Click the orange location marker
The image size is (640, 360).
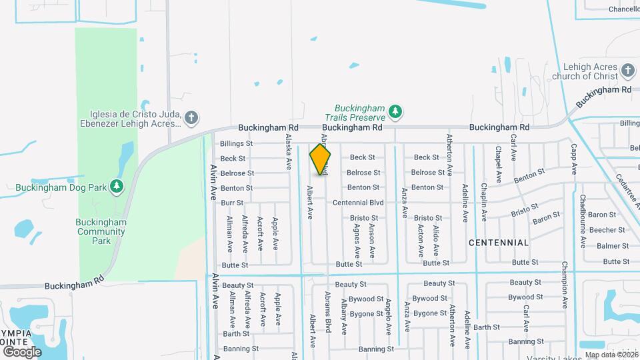(320, 159)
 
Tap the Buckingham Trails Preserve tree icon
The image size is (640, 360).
(395, 111)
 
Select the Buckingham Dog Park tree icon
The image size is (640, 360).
(117, 186)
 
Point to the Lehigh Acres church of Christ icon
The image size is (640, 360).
(627, 71)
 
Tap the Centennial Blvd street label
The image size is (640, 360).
(358, 203)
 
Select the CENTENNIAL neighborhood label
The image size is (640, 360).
(499, 243)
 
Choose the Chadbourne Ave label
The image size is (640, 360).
(582, 221)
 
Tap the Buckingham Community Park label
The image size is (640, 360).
(101, 231)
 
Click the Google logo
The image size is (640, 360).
(22, 351)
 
